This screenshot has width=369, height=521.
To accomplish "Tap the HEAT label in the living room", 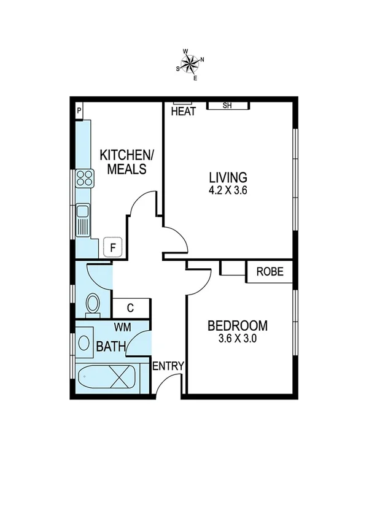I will [x=183, y=112].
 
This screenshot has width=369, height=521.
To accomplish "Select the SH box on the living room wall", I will [x=227, y=106].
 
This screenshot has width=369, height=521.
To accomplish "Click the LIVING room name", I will [x=227, y=177].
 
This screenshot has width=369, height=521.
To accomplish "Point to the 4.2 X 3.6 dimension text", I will [x=227, y=190].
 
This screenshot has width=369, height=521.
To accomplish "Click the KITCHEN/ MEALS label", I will [x=123, y=161].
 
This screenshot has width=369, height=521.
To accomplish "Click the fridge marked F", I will [x=112, y=247].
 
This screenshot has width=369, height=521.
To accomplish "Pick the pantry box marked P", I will [x=79, y=111].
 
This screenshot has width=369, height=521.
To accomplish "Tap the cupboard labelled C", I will [x=130, y=308].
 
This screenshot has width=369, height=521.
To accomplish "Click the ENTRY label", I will [x=168, y=366].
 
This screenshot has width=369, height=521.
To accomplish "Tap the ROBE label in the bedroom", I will [x=270, y=271].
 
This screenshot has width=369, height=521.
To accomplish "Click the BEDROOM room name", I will [x=237, y=325].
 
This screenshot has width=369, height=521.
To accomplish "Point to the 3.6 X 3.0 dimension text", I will [x=237, y=338].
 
